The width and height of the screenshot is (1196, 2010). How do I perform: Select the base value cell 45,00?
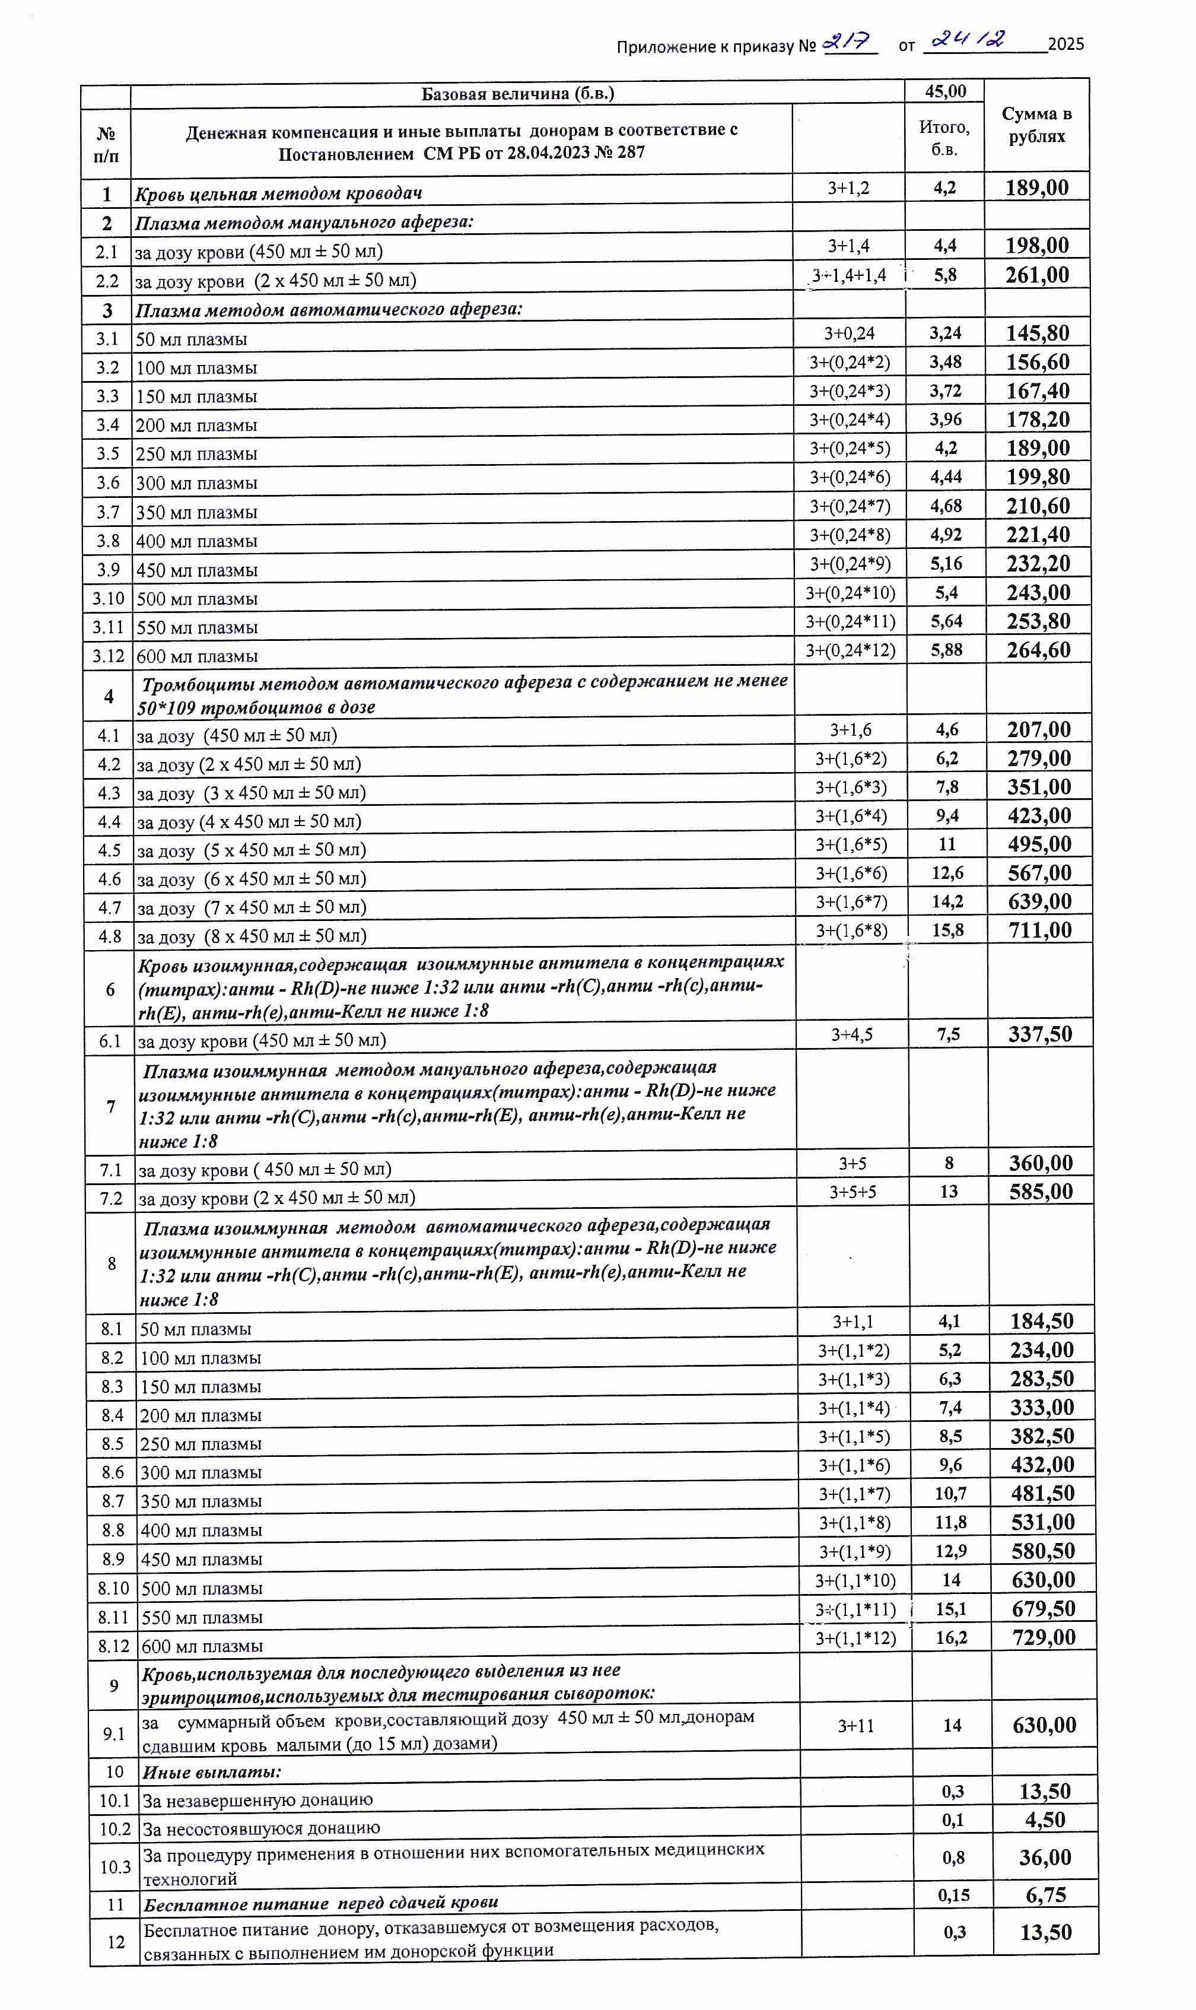[944, 91]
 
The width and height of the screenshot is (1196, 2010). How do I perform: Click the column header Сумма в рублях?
[1036, 125]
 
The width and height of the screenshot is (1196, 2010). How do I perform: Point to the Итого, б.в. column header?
[944, 138]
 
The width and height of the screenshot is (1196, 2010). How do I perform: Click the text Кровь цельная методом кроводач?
[278, 193]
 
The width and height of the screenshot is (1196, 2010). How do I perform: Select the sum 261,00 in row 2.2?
[1036, 275]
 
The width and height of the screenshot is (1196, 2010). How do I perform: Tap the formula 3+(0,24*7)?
[850, 506]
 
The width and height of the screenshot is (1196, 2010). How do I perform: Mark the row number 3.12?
[108, 656]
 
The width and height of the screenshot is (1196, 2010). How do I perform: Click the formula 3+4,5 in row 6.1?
[852, 1034]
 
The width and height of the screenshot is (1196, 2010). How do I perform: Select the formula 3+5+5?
[853, 1191]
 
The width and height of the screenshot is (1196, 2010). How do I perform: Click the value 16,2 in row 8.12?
[951, 1638]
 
